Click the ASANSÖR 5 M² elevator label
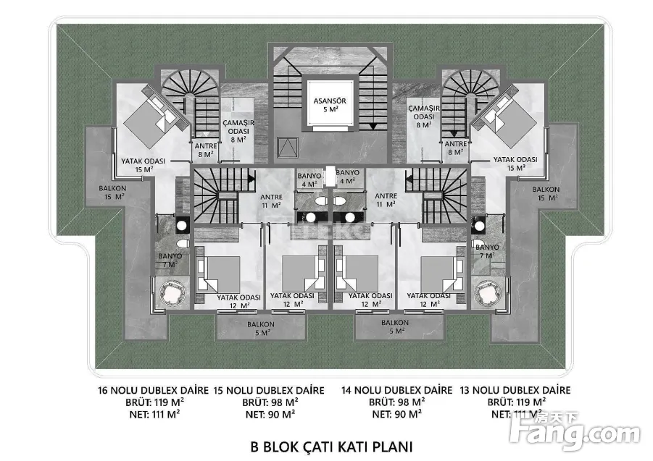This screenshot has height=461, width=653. (x=326, y=104)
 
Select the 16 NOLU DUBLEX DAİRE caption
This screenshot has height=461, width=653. (x=153, y=390)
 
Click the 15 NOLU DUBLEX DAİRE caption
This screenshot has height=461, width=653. (x=270, y=390)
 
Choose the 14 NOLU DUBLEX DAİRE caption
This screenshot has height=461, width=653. (x=396, y=390)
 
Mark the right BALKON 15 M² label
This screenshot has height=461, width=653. (x=545, y=193)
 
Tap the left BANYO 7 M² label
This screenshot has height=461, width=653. (x=171, y=260)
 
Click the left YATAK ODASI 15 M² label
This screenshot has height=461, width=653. (x=144, y=164)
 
